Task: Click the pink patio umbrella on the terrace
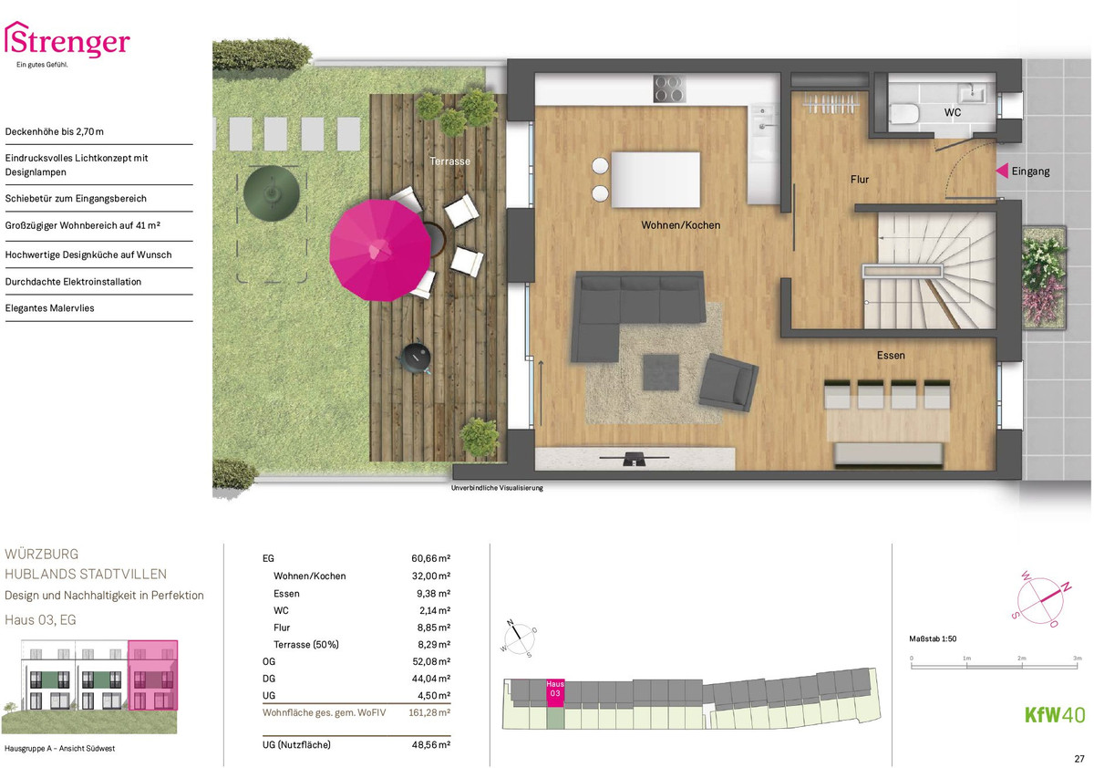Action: pyautogui.click(x=380, y=250)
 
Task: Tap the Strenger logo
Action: pyautogui.click(x=67, y=44)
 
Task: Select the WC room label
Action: pyautogui.click(x=953, y=112)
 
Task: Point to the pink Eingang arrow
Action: pyautogui.click(x=1002, y=171)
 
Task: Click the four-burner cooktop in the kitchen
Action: pyautogui.click(x=669, y=88)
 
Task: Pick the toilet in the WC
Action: pyautogui.click(x=904, y=114)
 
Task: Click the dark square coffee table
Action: pyautogui.click(x=661, y=372)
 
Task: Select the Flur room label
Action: pyautogui.click(x=860, y=180)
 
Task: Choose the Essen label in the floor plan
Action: pyautogui.click(x=891, y=355)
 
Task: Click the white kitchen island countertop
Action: pyautogui.click(x=655, y=180)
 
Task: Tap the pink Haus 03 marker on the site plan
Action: pyautogui.click(x=555, y=692)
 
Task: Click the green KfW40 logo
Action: pyautogui.click(x=1055, y=715)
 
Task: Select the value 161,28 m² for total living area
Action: pyautogui.click(x=429, y=712)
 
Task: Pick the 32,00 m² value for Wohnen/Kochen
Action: pyautogui.click(x=430, y=576)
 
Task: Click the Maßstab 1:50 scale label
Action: pyautogui.click(x=933, y=638)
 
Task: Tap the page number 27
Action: pyautogui.click(x=1079, y=759)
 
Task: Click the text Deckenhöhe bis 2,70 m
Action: pyautogui.click(x=54, y=131)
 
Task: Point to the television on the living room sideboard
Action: pyautogui.click(x=634, y=459)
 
